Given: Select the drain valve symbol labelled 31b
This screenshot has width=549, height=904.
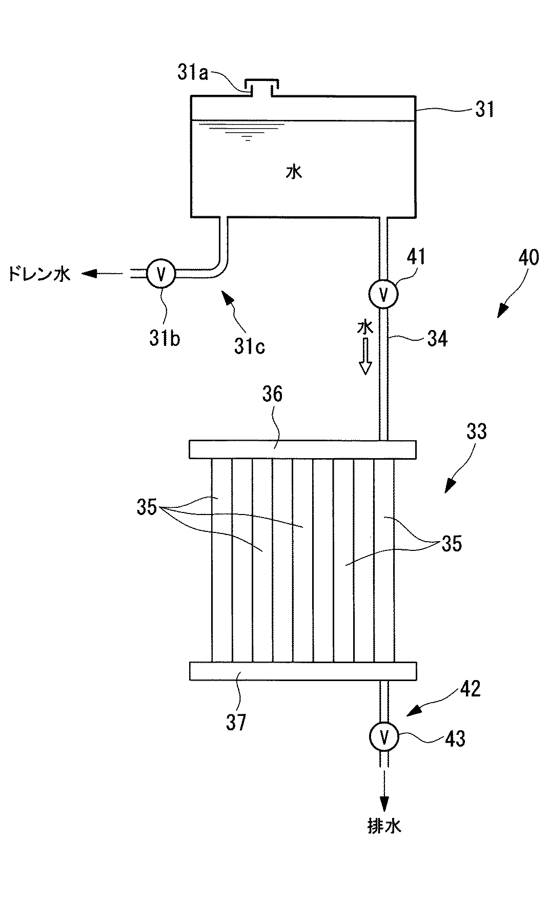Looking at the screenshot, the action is click(161, 274).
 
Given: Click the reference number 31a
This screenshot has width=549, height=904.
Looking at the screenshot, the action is click(193, 73).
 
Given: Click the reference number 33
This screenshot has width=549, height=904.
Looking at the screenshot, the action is click(476, 432).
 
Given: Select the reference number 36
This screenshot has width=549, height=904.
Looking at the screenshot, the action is click(272, 395).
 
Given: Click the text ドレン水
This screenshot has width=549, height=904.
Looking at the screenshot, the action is click(39, 275).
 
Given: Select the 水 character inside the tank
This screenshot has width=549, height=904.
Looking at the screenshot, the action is click(294, 172).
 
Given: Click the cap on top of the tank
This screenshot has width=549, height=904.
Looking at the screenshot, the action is click(261, 88).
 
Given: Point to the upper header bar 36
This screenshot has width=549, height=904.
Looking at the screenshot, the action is click(302, 449).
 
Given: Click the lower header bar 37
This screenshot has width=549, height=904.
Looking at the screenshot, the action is click(302, 671).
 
